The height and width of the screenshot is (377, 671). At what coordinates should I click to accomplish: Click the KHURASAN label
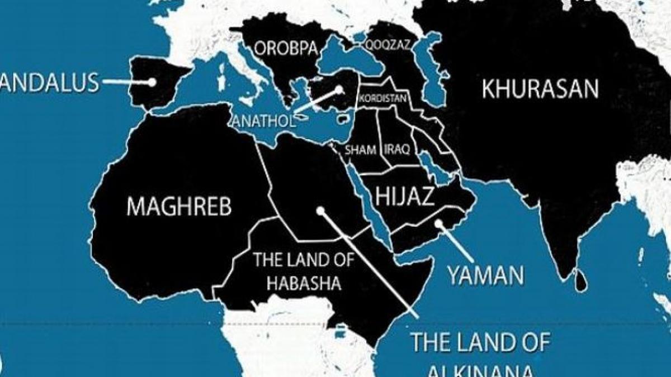coord(540,89)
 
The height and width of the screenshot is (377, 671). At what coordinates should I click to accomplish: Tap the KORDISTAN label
coord(384,99)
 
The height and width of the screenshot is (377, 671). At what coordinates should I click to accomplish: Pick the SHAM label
coord(360,149)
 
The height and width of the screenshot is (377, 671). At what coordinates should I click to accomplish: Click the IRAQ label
coord(398,149)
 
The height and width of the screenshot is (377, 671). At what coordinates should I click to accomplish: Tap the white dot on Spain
coord(152,82)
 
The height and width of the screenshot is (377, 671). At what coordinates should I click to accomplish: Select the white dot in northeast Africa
coord(320,211)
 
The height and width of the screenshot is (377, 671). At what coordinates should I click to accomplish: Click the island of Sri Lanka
coord(582,281)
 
